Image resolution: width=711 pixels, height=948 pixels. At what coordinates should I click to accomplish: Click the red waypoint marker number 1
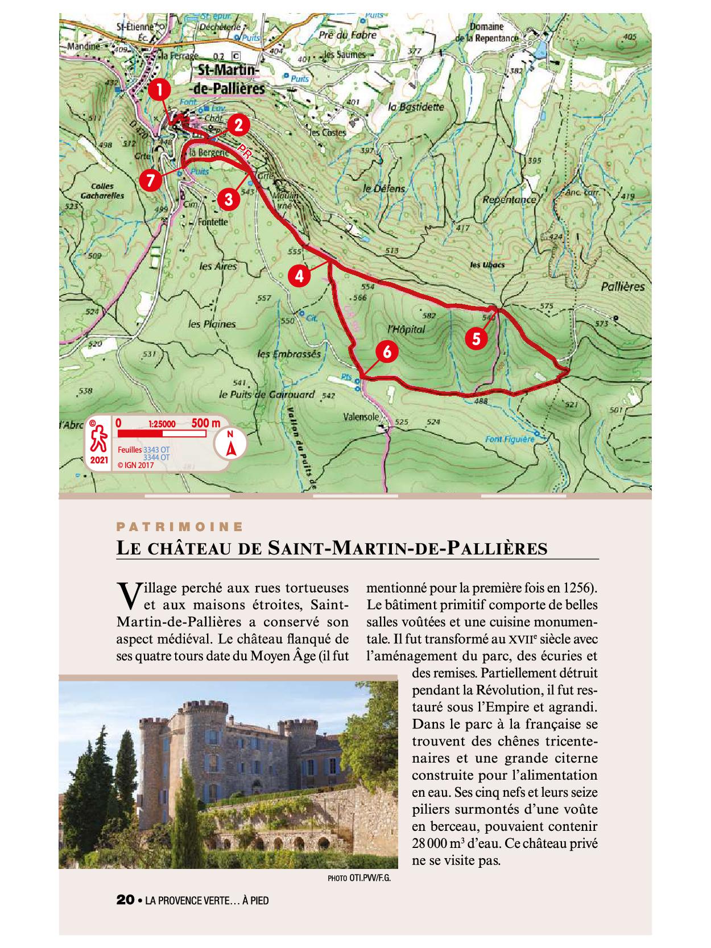161,89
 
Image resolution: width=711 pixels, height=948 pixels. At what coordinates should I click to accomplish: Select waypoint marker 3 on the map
228,199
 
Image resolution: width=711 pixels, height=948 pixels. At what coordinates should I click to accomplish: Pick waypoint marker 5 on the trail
476,338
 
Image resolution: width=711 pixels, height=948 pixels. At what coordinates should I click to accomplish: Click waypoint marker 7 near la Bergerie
150,180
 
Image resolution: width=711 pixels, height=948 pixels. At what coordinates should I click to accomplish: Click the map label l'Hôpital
406,329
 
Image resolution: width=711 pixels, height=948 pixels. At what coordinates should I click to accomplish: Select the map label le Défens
385,188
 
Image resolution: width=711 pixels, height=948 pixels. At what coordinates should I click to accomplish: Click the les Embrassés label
289,353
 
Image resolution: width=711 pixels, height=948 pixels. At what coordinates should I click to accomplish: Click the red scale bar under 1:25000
160,434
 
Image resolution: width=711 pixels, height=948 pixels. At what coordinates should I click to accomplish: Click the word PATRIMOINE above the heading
180,527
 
